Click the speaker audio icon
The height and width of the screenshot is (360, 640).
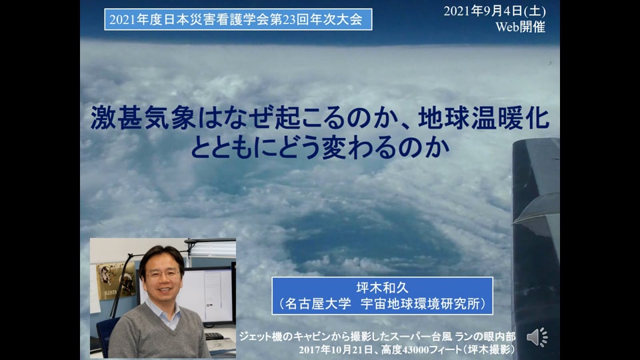point(537,337)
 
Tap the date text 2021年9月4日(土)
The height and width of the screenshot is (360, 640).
point(495,11)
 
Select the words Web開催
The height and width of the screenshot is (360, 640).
point(521,27)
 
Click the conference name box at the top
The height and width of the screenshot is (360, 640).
point(238,19)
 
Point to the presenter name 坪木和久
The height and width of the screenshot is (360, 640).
point(382,288)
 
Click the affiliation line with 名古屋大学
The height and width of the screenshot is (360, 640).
point(383,304)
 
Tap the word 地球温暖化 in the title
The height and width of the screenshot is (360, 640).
point(484,118)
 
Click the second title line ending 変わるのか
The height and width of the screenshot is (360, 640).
point(320,147)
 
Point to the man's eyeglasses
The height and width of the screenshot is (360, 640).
point(163,274)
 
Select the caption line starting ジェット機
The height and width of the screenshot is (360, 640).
point(377,337)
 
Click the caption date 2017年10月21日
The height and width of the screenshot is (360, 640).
point(336,350)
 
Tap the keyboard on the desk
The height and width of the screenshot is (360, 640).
point(214,336)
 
